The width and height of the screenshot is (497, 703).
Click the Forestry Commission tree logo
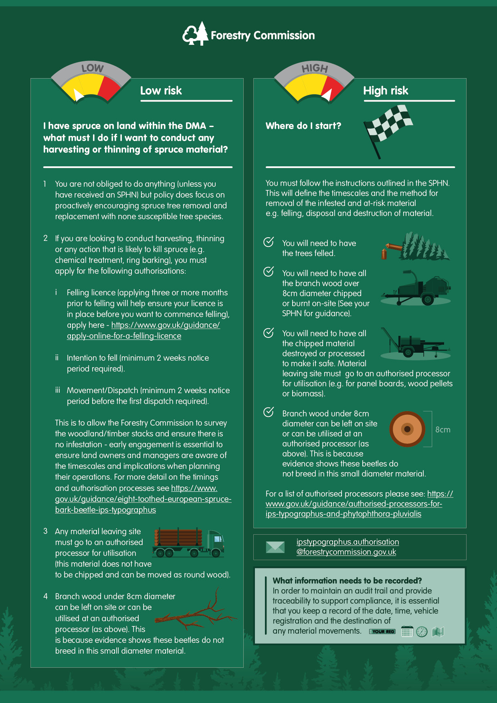tap(196, 34)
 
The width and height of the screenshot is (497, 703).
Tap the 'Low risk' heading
tap(161, 91)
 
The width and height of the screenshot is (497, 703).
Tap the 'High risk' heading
tap(386, 91)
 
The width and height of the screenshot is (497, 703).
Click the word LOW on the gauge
tap(93, 68)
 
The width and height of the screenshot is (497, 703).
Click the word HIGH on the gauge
tap(315, 68)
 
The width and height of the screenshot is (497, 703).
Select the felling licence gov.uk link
tap(143, 331)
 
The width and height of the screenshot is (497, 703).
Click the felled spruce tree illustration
tap(417, 247)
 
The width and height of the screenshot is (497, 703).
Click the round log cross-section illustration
tap(407, 429)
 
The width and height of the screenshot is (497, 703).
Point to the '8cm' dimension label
tap(443, 430)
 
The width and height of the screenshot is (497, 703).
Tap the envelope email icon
tap(275, 547)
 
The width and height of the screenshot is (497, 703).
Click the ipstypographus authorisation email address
tap(347, 547)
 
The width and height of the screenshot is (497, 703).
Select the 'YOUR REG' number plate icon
tap(382, 632)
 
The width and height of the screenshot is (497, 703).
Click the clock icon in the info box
tap(422, 632)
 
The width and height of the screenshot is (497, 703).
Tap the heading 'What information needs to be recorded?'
tap(347, 580)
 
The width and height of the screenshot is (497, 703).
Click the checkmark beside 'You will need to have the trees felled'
tap(269, 242)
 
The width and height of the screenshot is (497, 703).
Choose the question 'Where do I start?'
tap(303, 126)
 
